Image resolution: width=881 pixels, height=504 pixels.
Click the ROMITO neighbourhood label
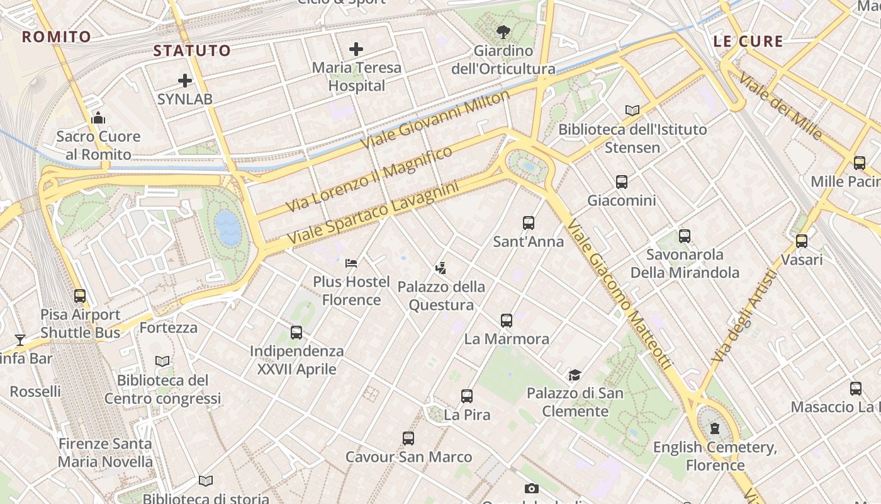(x=57, y=37)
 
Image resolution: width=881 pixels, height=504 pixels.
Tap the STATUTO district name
(x=192, y=50)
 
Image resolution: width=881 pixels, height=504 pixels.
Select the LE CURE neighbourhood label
(x=748, y=42)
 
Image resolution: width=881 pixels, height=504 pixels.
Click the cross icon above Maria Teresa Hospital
(x=356, y=49)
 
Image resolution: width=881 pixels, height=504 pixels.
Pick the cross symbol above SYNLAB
(x=185, y=81)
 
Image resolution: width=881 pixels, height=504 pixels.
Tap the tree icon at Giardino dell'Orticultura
(x=503, y=31)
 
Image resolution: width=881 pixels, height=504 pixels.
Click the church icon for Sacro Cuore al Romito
(x=98, y=118)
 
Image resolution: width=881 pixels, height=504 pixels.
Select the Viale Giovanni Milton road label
(x=435, y=120)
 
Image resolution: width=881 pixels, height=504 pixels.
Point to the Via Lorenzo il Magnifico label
(x=369, y=179)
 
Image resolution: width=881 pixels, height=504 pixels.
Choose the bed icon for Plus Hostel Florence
(x=351, y=263)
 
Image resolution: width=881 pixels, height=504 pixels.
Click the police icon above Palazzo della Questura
(x=441, y=268)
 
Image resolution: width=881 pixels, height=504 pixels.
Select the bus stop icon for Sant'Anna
(x=528, y=223)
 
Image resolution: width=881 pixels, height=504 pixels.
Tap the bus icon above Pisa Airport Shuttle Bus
(x=80, y=296)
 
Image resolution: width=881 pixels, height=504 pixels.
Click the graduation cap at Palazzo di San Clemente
(x=575, y=375)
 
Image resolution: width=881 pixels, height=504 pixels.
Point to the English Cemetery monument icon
(x=715, y=429)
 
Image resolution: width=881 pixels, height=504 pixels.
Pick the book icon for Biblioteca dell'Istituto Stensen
(x=632, y=111)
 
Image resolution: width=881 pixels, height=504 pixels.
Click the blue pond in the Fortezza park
(x=228, y=228)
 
